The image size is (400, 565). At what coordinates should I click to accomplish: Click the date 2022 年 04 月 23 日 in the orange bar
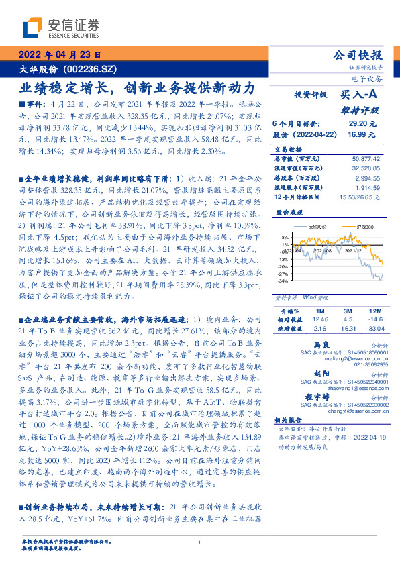pos(59,55)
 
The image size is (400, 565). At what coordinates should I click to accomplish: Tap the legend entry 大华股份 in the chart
pos(316,227)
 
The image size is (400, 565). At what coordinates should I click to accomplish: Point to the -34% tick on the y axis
pos(285,280)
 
